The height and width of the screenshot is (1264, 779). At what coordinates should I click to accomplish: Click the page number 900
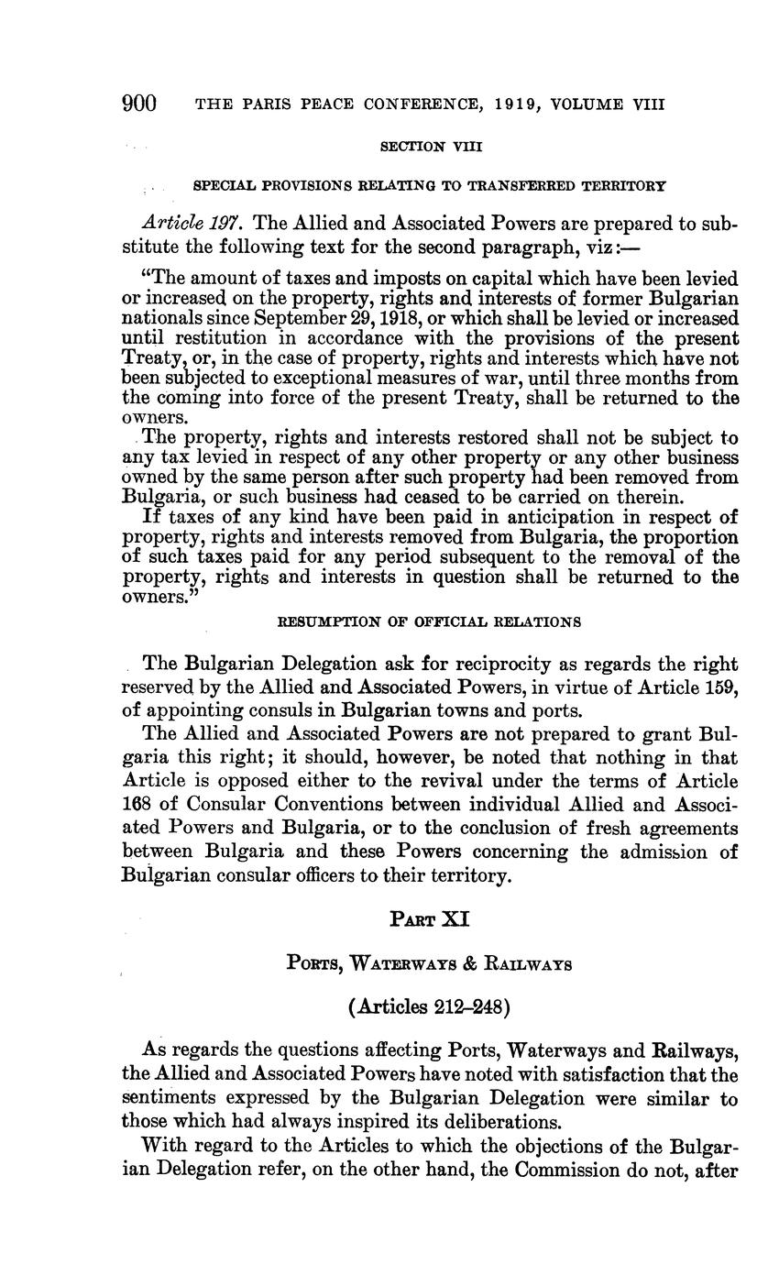pos(139,103)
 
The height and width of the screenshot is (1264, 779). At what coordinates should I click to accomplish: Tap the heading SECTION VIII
pos(430,146)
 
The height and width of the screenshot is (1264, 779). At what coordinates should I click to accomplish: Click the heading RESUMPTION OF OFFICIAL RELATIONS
pos(429,621)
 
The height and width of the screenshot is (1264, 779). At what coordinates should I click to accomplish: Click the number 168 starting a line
pos(137,804)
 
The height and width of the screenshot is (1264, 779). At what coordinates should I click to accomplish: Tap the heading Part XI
pos(430,918)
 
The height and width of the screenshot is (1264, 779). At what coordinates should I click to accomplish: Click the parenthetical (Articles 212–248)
pos(429,1006)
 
